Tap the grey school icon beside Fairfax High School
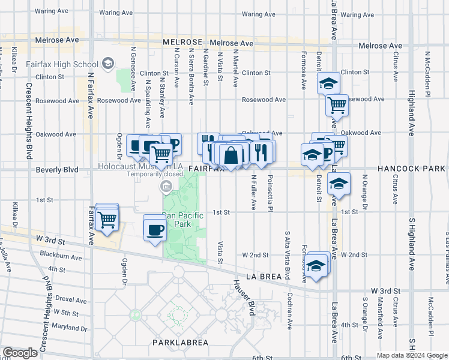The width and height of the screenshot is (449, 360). pos(108,63)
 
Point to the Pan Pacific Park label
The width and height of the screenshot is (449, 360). pos(182,219)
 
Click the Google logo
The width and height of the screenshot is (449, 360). pos(20,353)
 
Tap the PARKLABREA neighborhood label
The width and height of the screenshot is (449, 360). pos(179,343)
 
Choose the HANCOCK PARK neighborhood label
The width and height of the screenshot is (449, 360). pos(411,170)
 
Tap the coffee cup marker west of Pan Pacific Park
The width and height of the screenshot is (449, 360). pos(155,229)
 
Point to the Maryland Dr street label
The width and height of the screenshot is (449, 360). pos(70,328)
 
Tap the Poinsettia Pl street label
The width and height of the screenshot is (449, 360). pos(271,191)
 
